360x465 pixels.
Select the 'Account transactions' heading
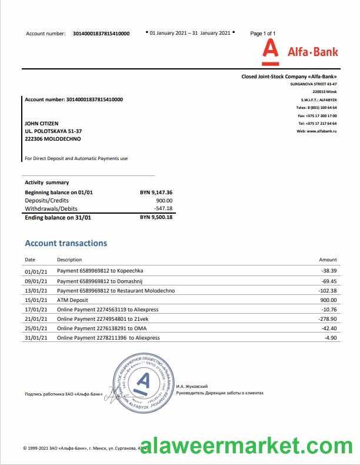[66, 243]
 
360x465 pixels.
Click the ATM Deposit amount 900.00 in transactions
[328, 300]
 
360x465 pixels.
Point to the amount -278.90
[326, 318]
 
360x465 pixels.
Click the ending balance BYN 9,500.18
[156, 217]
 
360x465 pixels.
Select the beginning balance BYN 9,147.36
[156, 192]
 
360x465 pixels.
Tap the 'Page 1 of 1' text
[262, 34]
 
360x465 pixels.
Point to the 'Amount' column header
[328, 260]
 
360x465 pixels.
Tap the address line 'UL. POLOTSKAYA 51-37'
[53, 131]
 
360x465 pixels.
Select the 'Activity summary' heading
[46, 182]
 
